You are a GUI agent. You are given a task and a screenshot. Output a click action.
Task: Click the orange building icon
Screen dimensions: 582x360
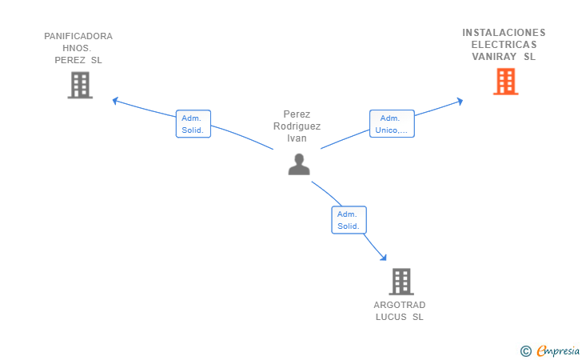(505, 82)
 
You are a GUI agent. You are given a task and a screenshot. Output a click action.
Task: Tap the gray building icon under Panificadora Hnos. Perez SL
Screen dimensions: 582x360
(80, 85)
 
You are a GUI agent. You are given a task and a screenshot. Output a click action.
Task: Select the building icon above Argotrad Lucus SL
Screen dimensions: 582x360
(401, 282)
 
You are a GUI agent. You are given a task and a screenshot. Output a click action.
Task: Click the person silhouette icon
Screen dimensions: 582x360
(299, 164)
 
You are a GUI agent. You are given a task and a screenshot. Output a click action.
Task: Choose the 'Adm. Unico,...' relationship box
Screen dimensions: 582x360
(392, 124)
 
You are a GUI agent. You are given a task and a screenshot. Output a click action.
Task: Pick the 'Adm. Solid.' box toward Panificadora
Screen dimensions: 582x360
(193, 124)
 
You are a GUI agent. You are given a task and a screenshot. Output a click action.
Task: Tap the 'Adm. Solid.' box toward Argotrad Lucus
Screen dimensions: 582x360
(349, 220)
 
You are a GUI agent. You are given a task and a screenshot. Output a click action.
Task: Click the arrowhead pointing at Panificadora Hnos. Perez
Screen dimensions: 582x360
(115, 101)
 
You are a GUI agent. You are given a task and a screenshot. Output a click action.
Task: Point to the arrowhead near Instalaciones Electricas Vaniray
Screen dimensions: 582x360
(460, 101)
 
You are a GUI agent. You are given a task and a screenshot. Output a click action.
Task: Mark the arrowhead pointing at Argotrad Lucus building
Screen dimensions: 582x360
(384, 257)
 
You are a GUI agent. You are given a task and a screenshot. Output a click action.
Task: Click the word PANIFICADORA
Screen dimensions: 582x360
(78, 36)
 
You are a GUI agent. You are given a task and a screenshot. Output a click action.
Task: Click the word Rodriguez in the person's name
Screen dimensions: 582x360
(297, 126)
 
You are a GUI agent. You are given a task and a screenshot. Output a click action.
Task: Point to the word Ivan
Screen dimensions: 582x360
(297, 138)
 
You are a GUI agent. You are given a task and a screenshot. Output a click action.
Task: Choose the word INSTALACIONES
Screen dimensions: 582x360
(504, 33)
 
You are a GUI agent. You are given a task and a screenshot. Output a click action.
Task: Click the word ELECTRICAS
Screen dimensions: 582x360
(504, 45)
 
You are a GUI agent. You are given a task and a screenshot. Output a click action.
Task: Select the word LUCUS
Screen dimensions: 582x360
(391, 317)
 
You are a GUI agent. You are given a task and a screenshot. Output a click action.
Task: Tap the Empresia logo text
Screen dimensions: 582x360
(558, 351)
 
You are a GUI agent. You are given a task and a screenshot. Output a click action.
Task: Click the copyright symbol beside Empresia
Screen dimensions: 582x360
(525, 351)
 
